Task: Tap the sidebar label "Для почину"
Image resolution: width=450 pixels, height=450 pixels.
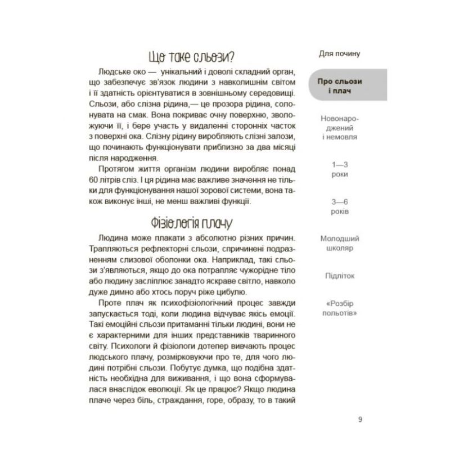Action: pos(339,55)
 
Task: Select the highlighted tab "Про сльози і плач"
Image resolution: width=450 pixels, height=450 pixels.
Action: pos(339,87)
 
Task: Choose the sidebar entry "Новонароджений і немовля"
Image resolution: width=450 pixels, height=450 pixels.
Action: pos(339,128)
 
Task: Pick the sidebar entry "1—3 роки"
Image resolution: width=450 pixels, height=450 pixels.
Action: pos(339,169)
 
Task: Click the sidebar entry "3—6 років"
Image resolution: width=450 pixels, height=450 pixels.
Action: pos(339,206)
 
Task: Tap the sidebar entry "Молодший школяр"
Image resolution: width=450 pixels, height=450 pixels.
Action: pos(339,243)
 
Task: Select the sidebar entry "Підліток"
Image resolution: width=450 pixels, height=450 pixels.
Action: pos(339,276)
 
